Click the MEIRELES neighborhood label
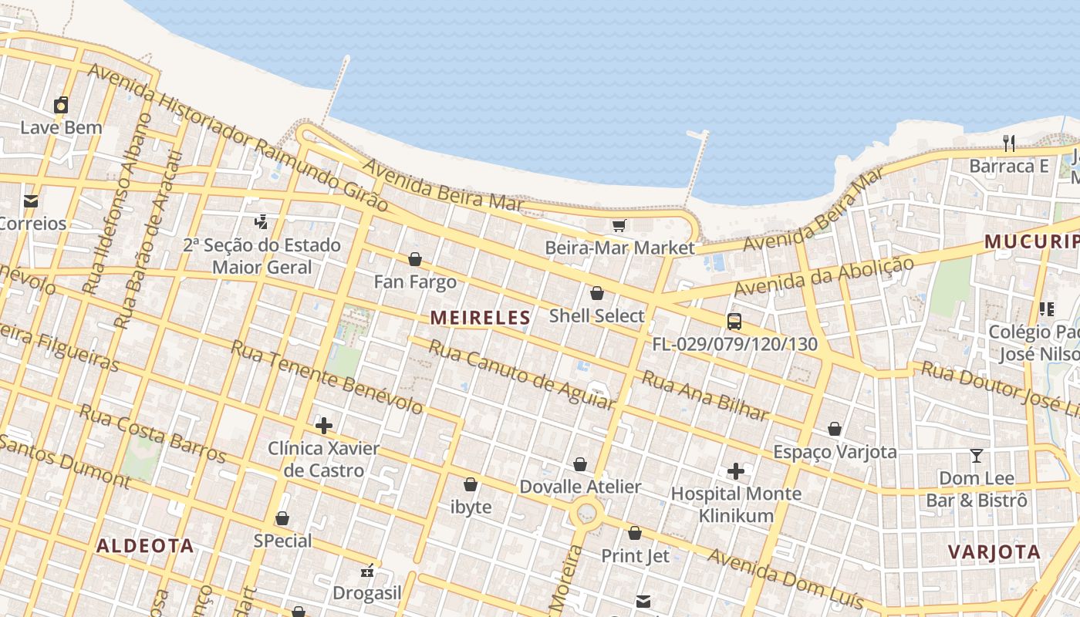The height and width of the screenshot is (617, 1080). (x=480, y=317)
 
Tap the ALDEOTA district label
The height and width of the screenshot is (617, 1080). (x=145, y=546)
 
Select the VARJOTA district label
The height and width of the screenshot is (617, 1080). (x=994, y=552)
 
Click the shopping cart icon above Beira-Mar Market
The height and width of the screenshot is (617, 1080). (x=619, y=225)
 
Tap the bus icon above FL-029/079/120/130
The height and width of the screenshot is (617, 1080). (x=734, y=322)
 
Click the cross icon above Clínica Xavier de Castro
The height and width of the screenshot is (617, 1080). (x=324, y=426)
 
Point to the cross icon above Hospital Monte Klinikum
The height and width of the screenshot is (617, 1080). (x=736, y=470)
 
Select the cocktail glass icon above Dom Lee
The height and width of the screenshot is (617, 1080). (x=977, y=456)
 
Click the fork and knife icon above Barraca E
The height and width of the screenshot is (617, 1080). (x=1009, y=143)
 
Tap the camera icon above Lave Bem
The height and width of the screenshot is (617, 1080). (x=61, y=105)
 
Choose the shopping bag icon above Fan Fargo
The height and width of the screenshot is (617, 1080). (x=415, y=259)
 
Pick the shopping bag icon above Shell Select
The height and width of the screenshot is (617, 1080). (x=596, y=293)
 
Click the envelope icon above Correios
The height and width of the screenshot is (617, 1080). (x=31, y=201)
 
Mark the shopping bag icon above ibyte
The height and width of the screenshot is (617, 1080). (x=470, y=484)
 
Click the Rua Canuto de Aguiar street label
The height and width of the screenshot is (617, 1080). (x=521, y=375)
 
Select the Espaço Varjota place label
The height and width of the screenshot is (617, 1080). (x=835, y=452)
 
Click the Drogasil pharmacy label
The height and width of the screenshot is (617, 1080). (x=367, y=593)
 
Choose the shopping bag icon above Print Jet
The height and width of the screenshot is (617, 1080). (x=635, y=533)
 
